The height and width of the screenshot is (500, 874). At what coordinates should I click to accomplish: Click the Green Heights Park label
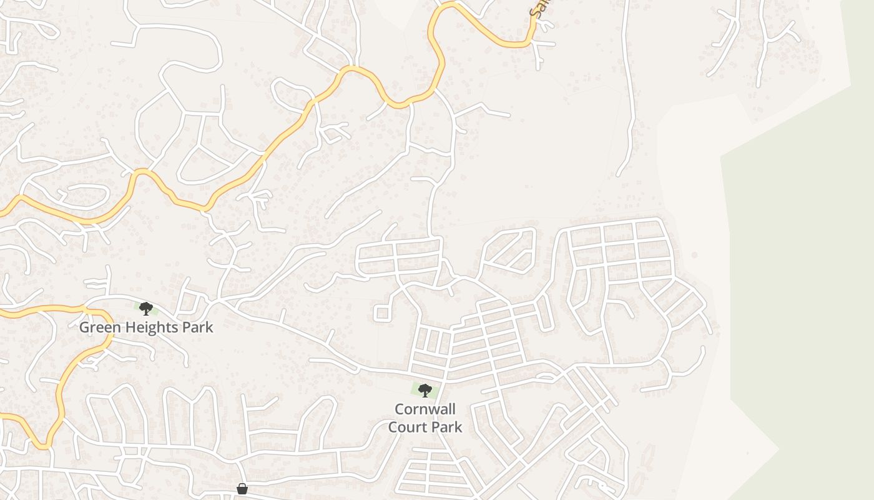point(145,327)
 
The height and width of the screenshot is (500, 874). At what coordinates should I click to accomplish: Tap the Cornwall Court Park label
point(425,418)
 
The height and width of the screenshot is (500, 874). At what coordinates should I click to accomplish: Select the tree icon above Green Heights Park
point(146,308)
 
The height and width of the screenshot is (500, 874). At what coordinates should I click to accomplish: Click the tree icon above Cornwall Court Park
point(425,391)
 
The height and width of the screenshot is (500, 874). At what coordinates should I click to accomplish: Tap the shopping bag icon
point(242,489)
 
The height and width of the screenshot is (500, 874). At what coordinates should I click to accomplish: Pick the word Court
point(408,427)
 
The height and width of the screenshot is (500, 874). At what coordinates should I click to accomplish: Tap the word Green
point(98,327)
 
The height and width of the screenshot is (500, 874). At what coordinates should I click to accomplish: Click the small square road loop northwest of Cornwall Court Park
point(382,312)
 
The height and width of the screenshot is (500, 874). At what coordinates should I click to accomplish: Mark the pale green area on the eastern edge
point(805,281)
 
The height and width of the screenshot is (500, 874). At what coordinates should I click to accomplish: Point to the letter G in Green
point(84,327)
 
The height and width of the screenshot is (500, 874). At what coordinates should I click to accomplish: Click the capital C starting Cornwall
point(399,409)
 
